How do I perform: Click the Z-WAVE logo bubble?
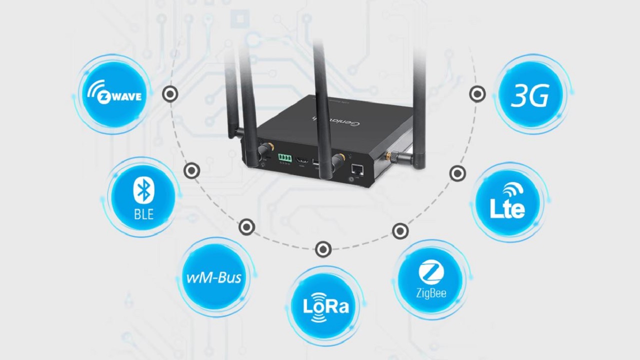(x=114, y=94)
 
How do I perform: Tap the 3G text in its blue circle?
(x=530, y=95)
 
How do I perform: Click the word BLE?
(x=143, y=214)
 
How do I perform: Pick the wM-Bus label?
(x=213, y=277)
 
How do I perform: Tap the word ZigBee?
(x=431, y=292)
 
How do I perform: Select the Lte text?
(x=507, y=208)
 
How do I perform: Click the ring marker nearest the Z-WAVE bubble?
(x=170, y=94)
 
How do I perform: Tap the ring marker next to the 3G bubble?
(x=477, y=94)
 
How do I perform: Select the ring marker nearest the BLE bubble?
(x=191, y=171)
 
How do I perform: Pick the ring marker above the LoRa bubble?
(x=323, y=249)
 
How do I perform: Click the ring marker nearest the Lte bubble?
(x=457, y=173)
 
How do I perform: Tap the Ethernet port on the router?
(x=356, y=168)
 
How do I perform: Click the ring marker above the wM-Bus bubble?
(x=246, y=227)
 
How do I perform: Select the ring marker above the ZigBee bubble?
(x=400, y=231)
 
